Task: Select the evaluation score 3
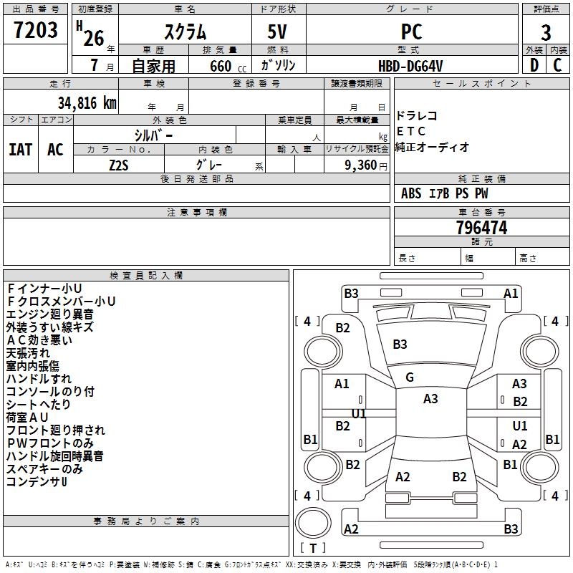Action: point(546,32)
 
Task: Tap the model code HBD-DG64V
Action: point(410,66)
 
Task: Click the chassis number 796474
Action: point(481,228)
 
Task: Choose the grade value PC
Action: point(411,32)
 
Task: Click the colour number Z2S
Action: point(119,164)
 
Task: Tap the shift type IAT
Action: point(21,150)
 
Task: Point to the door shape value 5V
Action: point(279,32)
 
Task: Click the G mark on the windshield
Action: point(410,377)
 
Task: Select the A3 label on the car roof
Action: point(430,399)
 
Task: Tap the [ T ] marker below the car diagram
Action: point(313,548)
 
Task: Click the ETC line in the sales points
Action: point(411,131)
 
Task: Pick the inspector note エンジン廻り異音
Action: point(49,314)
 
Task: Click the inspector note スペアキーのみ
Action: point(44,469)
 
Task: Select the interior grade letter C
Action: point(557,66)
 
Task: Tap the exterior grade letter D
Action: point(534,66)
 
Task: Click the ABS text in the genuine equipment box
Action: point(411,193)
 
